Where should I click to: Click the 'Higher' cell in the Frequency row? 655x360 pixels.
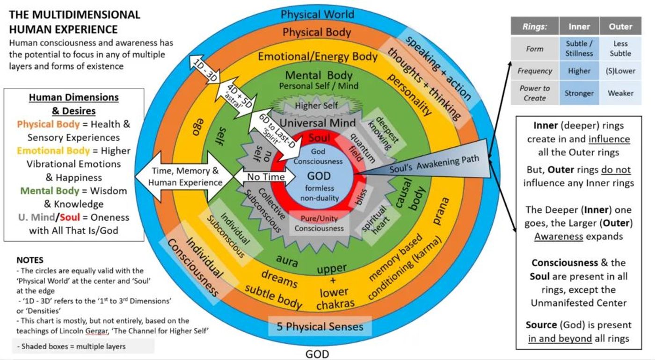tap(579, 71)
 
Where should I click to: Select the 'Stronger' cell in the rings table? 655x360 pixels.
tap(579, 93)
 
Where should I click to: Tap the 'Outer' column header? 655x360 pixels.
tap(620, 27)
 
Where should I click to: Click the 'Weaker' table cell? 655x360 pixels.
tap(620, 93)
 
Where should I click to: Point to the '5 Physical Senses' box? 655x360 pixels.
tap(320, 326)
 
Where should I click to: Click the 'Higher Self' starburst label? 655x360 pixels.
tap(316, 106)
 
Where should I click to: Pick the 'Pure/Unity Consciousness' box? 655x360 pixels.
tap(319, 223)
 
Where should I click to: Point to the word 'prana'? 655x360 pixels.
tap(441, 211)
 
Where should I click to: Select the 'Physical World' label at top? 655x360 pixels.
tap(317, 14)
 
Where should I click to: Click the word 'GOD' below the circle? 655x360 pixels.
tap(317, 354)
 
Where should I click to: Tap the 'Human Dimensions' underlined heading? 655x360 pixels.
tap(74, 97)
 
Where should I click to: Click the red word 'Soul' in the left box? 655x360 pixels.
tap(70, 217)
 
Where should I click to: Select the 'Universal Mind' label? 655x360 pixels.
tap(318, 122)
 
